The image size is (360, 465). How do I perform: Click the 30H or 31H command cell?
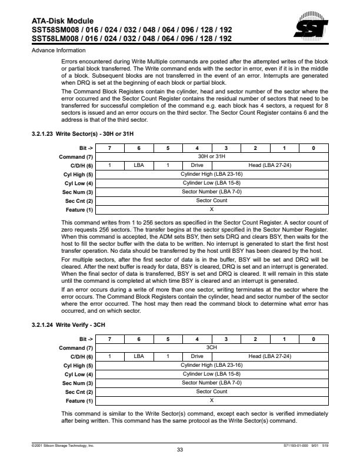point(212,156)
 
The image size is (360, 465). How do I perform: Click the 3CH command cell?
point(212,347)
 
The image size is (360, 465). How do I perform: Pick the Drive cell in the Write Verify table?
point(197,356)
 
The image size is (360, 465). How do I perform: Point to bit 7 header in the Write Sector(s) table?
point(110,148)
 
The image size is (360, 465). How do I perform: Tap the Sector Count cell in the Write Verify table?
point(212,392)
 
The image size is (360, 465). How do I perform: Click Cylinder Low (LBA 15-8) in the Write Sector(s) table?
point(212,183)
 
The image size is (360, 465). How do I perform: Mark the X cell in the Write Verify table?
point(212,400)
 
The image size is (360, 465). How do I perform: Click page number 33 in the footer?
point(180,450)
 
